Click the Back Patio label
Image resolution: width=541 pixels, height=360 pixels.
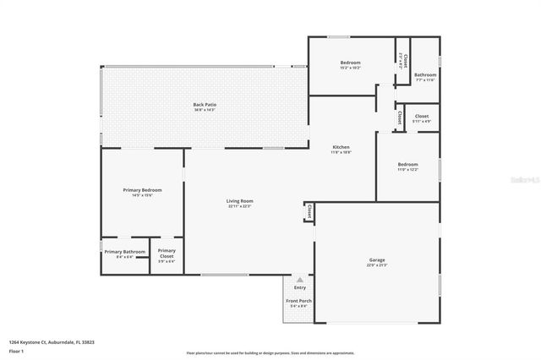pyautogui.click(x=204, y=104)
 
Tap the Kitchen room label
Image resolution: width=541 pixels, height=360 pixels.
pyautogui.click(x=340, y=147)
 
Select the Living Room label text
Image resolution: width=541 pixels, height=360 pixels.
pyautogui.click(x=239, y=200)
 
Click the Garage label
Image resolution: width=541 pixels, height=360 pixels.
pyautogui.click(x=376, y=259)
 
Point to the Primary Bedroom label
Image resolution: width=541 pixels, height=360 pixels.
pyautogui.click(x=142, y=189)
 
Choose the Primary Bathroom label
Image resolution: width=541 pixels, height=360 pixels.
pyautogui.click(x=125, y=251)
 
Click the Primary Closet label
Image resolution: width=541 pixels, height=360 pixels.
pyautogui.click(x=167, y=251)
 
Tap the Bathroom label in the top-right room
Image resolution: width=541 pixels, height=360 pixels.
pyautogui.click(x=424, y=74)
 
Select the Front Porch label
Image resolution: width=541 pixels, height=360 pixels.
pyautogui.click(x=298, y=301)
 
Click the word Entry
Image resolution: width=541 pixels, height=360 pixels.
pyautogui.click(x=299, y=288)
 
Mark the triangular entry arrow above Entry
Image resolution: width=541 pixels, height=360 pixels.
pyautogui.click(x=299, y=278)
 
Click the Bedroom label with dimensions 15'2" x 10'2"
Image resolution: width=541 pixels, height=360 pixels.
pyautogui.click(x=351, y=63)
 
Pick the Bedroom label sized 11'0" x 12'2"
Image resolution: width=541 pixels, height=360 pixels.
pyautogui.click(x=407, y=164)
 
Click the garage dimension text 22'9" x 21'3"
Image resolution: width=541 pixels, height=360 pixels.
pyautogui.click(x=376, y=265)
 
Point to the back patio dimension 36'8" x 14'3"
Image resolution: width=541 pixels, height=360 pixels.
pyautogui.click(x=204, y=110)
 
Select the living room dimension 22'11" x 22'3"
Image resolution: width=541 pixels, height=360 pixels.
pyautogui.click(x=239, y=206)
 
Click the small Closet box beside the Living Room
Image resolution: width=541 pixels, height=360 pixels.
pyautogui.click(x=309, y=211)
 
